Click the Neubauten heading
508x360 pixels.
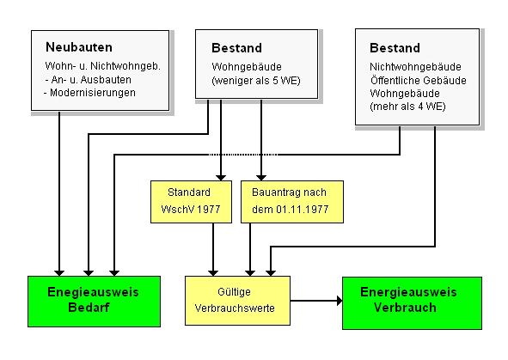point(79,47)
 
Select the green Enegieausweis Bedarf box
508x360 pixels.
point(94,302)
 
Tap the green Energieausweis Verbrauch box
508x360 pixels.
point(412,303)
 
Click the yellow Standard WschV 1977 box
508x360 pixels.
point(191,202)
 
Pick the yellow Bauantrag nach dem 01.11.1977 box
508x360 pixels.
point(292,202)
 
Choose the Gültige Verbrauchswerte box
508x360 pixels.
point(237,301)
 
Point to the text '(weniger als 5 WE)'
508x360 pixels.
point(256,81)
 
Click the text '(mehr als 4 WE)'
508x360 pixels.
point(407,107)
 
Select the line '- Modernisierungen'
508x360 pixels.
point(89,93)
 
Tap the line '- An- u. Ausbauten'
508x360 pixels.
point(89,80)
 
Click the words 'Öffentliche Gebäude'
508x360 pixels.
point(419,80)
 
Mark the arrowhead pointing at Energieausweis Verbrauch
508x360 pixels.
point(340,301)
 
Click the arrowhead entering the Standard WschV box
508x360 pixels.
point(221,178)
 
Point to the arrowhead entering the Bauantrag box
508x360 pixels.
point(261,178)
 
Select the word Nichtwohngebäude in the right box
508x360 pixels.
point(415,67)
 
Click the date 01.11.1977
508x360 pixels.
point(302,210)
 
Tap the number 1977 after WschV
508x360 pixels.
point(209,210)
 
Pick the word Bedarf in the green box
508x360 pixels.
point(89,308)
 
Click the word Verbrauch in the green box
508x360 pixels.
point(405,308)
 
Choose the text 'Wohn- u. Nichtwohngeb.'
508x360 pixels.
point(102,66)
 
